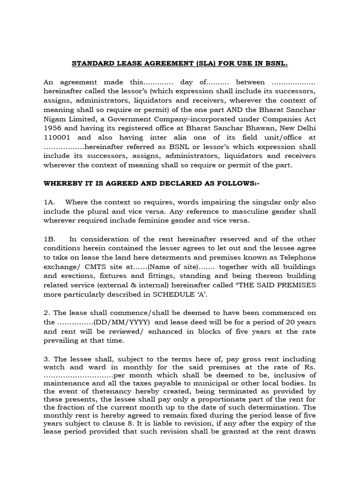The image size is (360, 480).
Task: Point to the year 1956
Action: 53,128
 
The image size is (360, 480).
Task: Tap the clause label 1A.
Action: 49,202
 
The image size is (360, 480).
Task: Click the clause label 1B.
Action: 49,239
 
